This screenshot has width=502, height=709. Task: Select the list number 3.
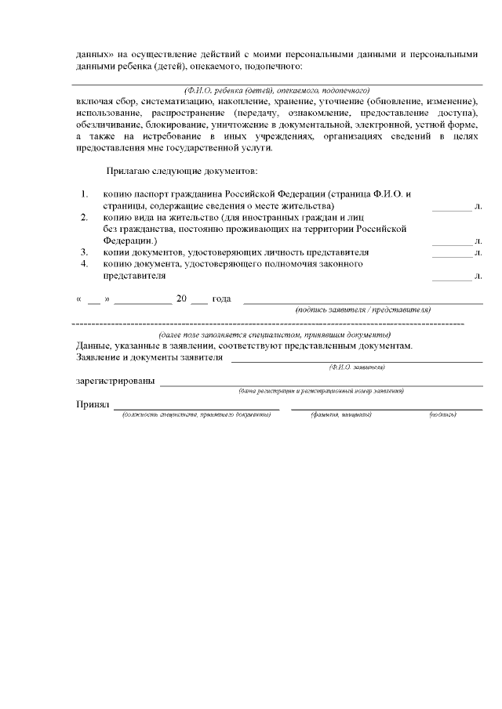coord(84,253)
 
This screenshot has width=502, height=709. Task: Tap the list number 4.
coord(84,265)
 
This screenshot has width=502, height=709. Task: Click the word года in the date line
coord(221,299)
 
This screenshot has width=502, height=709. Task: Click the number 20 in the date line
coord(182,299)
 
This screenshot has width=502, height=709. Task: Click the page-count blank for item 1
coord(452,208)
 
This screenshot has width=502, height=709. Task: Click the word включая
coord(94,103)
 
